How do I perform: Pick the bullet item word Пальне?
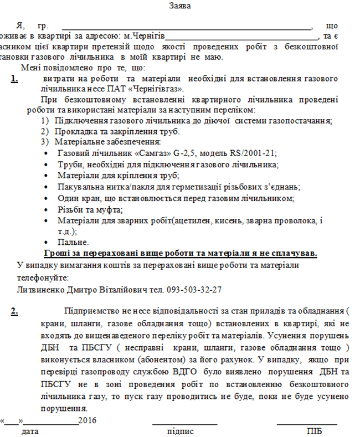[73, 242]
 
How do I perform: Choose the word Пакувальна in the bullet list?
[78, 187]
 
